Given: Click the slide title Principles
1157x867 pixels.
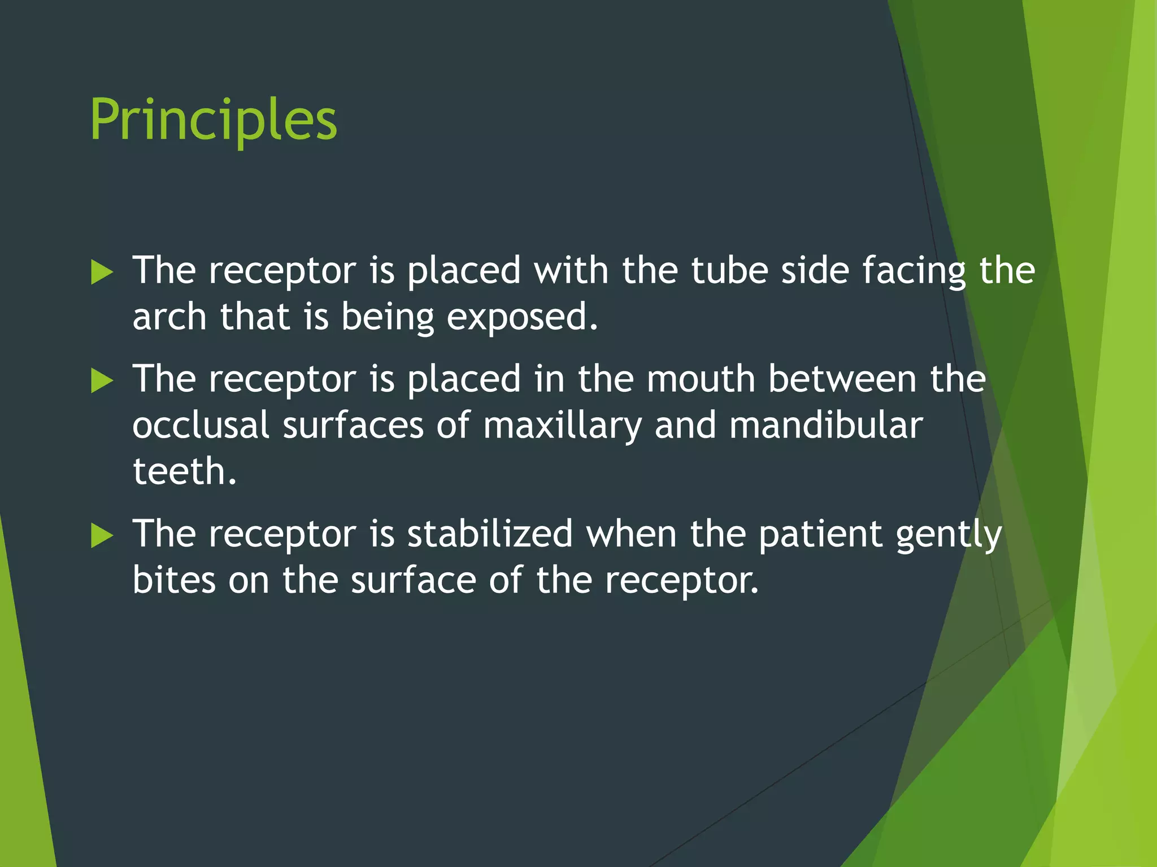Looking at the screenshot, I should coord(214,120).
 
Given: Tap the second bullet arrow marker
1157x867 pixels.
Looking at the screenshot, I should coord(102,381).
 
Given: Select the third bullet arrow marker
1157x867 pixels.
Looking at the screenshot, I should coord(102,536).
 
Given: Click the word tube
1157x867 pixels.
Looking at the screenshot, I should coord(729,270).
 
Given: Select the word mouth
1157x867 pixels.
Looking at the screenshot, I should coord(701,379).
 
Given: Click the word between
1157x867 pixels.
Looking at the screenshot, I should coord(842,379).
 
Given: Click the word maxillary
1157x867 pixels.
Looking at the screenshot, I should coord(562,427).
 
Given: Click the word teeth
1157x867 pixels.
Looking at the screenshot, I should coord(184,471).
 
